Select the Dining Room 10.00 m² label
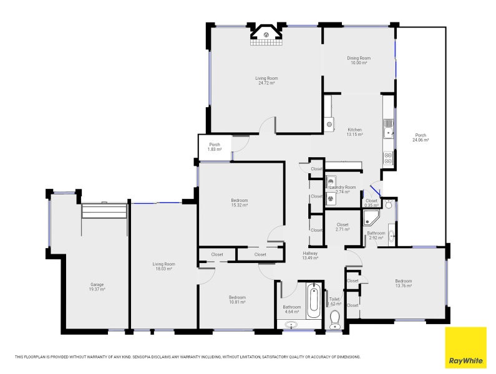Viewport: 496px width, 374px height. pos(358,60)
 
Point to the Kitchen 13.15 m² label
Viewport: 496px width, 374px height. pos(354,132)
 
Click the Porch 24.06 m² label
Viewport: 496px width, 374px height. pos(421,138)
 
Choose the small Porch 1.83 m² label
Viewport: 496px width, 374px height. pos(214,147)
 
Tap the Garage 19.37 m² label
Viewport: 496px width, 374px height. pos(97,287)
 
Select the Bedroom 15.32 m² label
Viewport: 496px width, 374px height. pos(240,203)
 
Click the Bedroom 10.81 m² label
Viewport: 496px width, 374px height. pos(236,300)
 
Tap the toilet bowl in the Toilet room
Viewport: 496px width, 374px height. pos(335,318)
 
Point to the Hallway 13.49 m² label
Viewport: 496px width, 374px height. pos(310,256)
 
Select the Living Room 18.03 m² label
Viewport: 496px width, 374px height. pos(163,266)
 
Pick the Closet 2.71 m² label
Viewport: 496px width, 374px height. pos(343,227)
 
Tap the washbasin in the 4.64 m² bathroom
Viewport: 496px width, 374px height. pos(291,324)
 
